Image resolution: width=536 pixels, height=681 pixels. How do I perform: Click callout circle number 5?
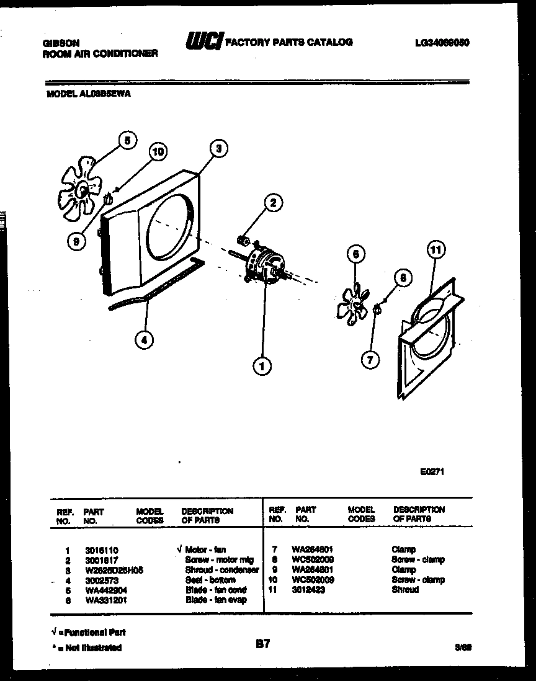(127, 140)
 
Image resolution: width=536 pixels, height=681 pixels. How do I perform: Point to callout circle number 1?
(262, 367)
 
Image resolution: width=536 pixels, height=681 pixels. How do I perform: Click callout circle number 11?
(437, 251)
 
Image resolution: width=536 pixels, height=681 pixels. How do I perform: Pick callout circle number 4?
(145, 339)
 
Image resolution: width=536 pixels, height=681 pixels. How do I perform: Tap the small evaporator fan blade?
(352, 301)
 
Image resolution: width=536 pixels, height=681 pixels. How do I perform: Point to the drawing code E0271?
(432, 472)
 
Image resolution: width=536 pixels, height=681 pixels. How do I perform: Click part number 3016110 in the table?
(101, 550)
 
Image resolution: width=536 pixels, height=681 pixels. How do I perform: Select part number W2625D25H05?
(114, 570)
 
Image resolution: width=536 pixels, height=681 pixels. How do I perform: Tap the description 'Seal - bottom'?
(210, 580)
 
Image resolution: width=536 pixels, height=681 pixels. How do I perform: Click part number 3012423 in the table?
(310, 590)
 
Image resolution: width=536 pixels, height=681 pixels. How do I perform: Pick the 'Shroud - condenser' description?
(221, 570)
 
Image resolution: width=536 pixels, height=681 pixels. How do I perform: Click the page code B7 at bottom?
(262, 644)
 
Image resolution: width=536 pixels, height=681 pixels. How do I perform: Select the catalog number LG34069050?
(442, 43)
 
